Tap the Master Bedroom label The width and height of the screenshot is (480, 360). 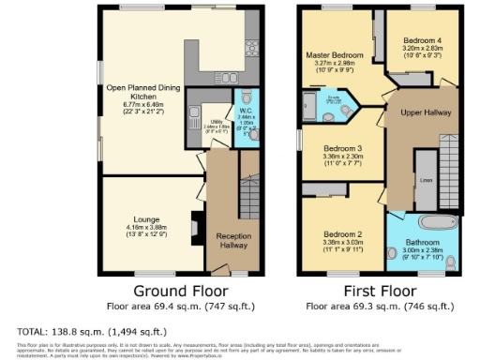tap(336, 55)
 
